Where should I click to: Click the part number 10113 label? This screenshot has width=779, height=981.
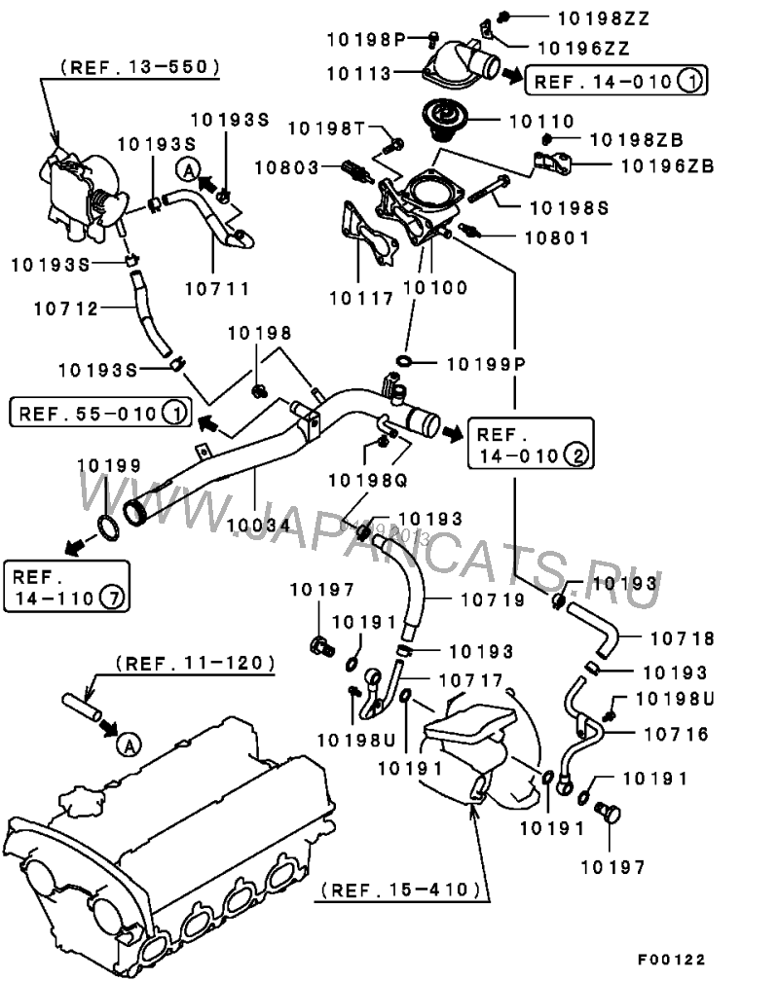point(358,74)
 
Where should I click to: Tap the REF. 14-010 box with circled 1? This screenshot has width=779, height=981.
point(615,80)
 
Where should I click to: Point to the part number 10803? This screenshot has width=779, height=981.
point(287,167)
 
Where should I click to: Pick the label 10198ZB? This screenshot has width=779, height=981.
point(637,139)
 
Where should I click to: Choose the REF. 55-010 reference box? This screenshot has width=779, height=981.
point(100,413)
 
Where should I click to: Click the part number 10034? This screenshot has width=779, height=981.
point(259,525)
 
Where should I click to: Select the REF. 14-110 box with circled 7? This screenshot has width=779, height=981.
point(66,586)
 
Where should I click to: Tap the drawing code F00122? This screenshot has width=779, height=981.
point(671,960)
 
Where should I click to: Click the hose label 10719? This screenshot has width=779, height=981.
point(493,599)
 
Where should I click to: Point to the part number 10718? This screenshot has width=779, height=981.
point(682,638)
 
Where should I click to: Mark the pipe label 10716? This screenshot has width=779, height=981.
point(677,734)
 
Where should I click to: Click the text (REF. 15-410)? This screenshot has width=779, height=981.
point(401,890)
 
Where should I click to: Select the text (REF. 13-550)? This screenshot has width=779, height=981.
point(140,67)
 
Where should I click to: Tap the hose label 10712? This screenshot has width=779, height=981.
point(66,309)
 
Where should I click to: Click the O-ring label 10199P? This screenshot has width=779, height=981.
point(486,364)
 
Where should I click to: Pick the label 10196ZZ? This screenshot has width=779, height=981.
point(583,49)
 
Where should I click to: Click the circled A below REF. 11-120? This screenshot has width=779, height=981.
point(129,745)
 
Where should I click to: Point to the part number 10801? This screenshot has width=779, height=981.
point(557,237)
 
